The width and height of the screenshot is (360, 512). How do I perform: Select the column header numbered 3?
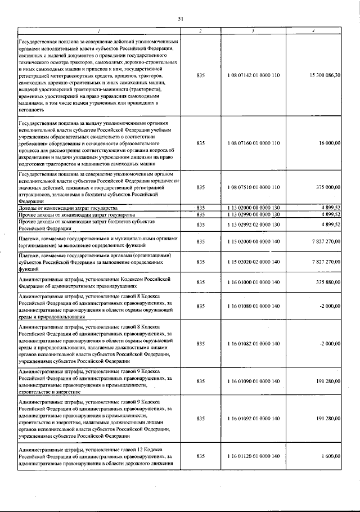pos(253,30)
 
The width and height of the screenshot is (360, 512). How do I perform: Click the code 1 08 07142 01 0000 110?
pos(253,75)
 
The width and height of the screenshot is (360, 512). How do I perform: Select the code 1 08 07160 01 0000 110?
pos(253,143)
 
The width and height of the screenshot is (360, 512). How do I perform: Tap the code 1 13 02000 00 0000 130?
pos(253,208)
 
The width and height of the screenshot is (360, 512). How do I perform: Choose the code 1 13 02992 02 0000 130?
pos(253,224)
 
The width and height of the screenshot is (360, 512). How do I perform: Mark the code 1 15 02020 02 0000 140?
pos(253,262)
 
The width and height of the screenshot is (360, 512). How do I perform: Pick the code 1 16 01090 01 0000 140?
pos(253,381)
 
